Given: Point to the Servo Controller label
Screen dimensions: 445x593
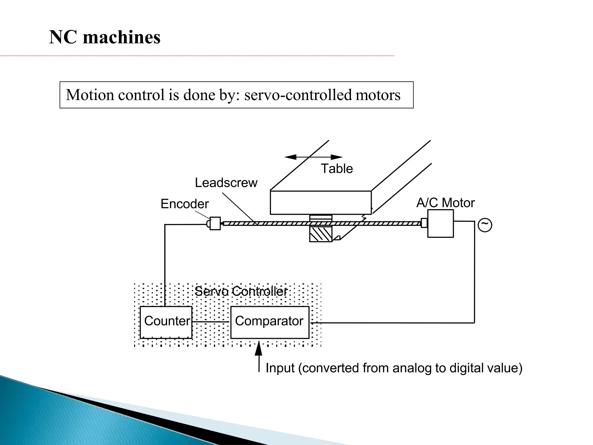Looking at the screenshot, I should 241,291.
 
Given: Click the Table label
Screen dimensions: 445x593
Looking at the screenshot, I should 337,169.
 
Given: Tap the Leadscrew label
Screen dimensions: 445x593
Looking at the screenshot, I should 226,183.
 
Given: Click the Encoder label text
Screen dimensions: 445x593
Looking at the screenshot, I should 184,204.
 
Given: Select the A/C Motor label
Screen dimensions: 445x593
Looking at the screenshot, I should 445,203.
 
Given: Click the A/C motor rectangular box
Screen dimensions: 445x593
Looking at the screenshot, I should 440,224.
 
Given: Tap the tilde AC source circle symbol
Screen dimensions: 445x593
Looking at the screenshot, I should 485,225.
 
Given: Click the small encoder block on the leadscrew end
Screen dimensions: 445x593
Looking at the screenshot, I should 215,223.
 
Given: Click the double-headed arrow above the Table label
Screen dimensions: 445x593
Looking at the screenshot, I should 313,157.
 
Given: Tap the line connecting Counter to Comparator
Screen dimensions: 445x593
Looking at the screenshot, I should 211,322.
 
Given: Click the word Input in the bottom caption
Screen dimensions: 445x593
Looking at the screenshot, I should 280,368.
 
